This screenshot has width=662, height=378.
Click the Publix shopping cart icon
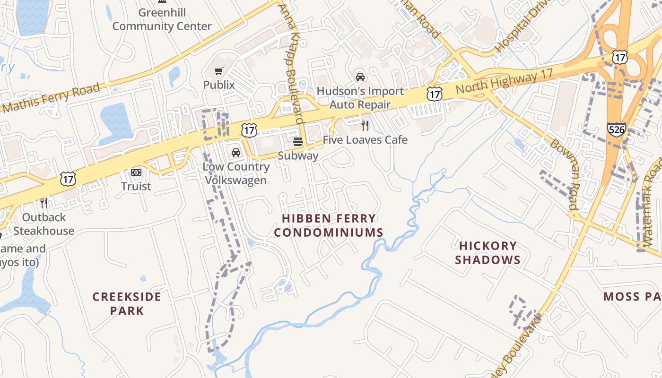click(218, 71)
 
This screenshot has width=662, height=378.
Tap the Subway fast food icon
click(297, 141)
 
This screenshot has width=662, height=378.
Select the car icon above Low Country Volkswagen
click(235, 153)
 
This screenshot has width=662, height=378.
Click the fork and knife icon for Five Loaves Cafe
click(365, 126)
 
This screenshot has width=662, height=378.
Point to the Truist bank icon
click(136, 172)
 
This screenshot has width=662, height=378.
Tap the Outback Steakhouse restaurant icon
click(44, 203)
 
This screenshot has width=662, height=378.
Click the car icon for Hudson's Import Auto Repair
click(360, 77)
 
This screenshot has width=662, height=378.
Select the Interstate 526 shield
click(617, 129)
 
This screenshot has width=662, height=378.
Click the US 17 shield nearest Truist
click(68, 179)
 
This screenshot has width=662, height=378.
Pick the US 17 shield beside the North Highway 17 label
click(434, 94)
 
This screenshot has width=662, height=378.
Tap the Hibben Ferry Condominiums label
click(329, 225)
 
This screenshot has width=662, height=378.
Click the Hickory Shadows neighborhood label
click(488, 253)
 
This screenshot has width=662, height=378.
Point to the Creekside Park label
click(126, 303)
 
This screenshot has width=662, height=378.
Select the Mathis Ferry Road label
click(51, 98)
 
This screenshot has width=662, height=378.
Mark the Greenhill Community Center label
click(162, 19)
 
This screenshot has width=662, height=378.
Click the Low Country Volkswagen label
click(235, 173)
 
